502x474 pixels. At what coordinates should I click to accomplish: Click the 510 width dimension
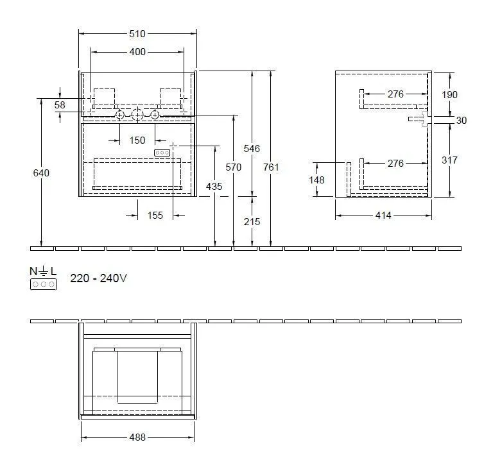137,34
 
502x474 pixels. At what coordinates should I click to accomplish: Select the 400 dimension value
137,52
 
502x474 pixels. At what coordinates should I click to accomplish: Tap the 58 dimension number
60,105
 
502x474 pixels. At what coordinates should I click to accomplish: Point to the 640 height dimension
42,173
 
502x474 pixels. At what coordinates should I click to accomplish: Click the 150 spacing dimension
137,140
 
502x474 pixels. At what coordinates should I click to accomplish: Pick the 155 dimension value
155,216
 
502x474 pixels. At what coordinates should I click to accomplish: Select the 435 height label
214,186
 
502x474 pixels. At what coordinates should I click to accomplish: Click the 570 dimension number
234,167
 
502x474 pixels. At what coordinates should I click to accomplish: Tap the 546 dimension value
252,149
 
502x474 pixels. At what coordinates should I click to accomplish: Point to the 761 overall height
272,167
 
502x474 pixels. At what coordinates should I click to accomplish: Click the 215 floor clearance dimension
252,222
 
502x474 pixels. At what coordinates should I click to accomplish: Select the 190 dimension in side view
450,94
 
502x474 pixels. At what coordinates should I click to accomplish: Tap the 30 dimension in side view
462,120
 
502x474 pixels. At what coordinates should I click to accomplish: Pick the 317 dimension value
450,160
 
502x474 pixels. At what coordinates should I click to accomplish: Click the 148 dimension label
316,180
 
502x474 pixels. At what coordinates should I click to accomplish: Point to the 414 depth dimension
383,216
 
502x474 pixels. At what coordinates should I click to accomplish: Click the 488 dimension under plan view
137,437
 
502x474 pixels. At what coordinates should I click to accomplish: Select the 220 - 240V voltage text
98,278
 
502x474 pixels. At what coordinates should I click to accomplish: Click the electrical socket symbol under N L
43,284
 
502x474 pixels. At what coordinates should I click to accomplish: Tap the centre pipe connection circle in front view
137,115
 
